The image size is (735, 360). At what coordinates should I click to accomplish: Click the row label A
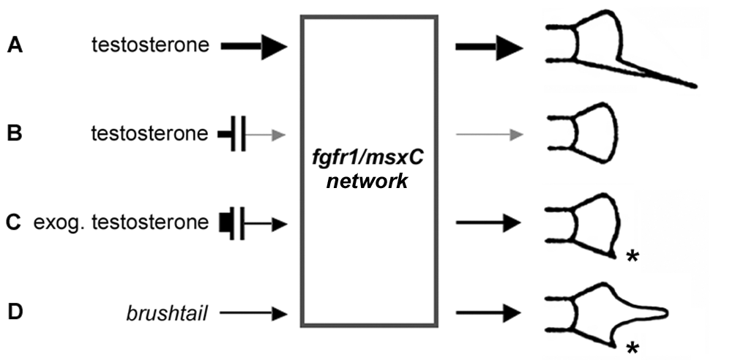15,45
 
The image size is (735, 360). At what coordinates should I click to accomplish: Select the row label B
15,134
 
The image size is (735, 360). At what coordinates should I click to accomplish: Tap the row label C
14,222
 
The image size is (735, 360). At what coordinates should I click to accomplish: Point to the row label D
15,312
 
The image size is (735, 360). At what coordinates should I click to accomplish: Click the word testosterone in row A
150,45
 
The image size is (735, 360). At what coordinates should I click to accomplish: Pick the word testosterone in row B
149,134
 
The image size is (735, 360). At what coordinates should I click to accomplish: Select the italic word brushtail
167,313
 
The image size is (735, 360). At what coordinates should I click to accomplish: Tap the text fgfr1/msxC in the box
368,159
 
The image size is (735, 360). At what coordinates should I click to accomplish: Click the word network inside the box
367,181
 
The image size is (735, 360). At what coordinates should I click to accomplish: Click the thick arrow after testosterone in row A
253,46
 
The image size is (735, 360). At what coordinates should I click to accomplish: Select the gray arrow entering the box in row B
265,135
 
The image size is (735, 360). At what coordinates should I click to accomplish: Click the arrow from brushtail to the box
253,313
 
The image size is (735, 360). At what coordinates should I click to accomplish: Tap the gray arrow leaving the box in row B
489,135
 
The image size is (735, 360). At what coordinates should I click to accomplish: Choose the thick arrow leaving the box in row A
489,47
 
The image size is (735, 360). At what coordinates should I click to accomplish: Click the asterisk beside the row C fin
633,257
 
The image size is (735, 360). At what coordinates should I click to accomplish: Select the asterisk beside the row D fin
633,348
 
